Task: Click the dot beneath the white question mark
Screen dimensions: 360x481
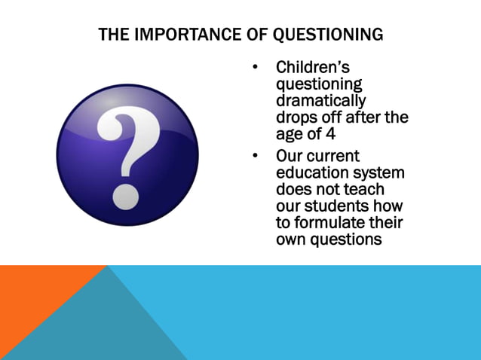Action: click(x=125, y=198)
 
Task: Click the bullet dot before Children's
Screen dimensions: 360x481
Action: click(x=256, y=68)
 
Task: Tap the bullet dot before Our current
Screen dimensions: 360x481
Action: click(x=256, y=157)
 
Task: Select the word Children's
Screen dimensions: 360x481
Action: click(x=310, y=68)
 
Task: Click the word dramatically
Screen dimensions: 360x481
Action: click(x=320, y=101)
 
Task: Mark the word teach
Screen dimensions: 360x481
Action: click(x=363, y=190)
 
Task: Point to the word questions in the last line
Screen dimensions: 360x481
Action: click(x=347, y=239)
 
